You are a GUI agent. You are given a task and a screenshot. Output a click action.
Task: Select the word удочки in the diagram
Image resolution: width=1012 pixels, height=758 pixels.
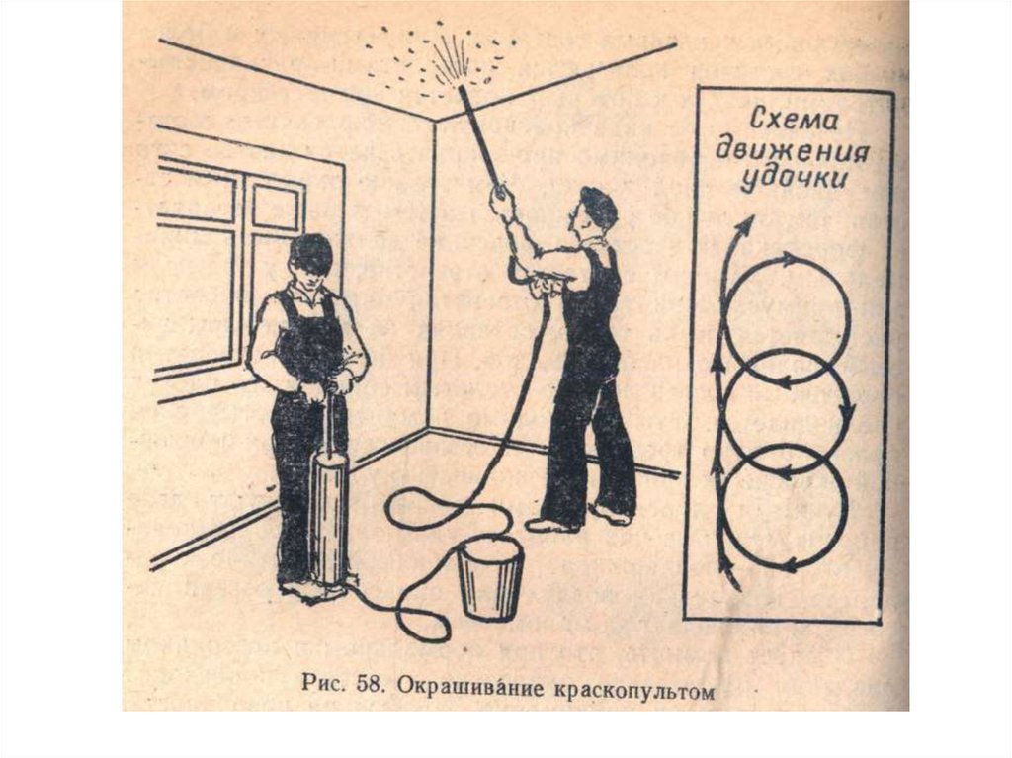coord(794,178)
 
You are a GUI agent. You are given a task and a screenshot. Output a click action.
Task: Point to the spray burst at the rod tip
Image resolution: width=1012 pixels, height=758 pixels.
coord(439,59)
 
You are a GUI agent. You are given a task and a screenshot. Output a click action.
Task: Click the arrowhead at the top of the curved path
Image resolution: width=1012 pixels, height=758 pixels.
coord(747,223)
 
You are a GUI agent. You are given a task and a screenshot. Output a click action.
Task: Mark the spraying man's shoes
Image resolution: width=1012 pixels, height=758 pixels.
coord(577,519)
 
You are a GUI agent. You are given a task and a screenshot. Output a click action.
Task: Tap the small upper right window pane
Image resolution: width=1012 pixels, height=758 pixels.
coord(277,205)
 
